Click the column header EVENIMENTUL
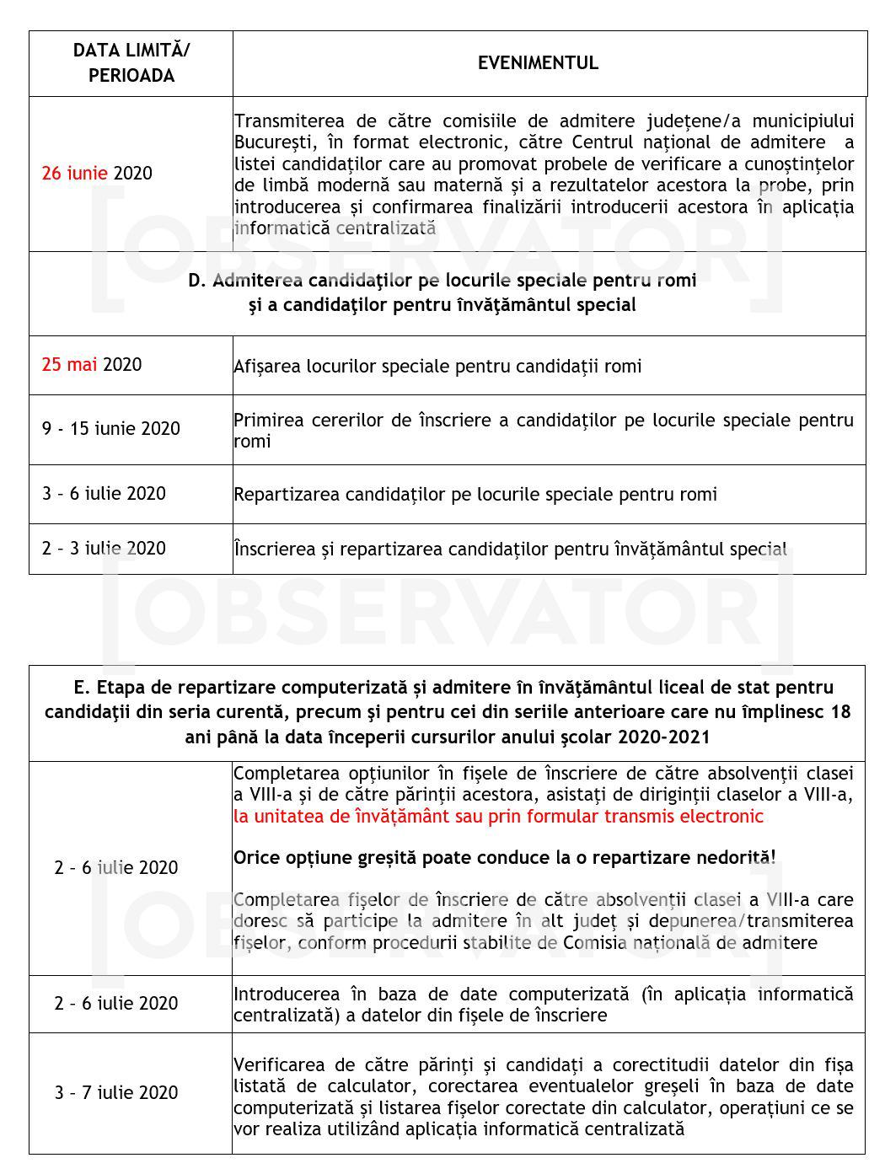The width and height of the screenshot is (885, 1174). pyautogui.click(x=538, y=63)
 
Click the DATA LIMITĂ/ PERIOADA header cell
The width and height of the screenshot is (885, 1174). pyautogui.click(x=131, y=63)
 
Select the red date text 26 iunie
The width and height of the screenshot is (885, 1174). pyautogui.click(x=75, y=174)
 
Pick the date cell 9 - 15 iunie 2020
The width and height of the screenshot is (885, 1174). pyautogui.click(x=111, y=428)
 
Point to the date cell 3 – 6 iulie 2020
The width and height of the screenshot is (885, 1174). pyautogui.click(x=105, y=494)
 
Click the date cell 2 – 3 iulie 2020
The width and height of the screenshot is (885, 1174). pyautogui.click(x=105, y=549)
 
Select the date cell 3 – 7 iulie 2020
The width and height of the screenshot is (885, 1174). pyautogui.click(x=116, y=1093)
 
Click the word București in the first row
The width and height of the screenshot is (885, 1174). pyautogui.click(x=272, y=142)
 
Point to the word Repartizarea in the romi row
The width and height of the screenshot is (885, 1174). pyautogui.click(x=284, y=494)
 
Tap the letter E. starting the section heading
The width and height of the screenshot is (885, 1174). pyautogui.click(x=81, y=688)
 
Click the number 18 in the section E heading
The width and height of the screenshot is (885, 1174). pyautogui.click(x=839, y=712)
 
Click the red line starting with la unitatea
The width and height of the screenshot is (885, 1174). pyautogui.click(x=498, y=816)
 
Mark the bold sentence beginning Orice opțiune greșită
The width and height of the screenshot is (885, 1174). pyautogui.click(x=504, y=857)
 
